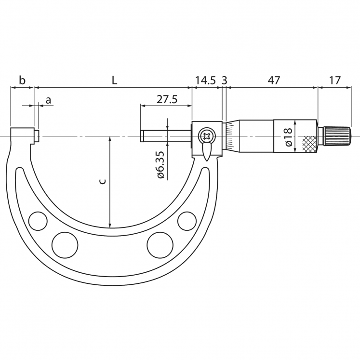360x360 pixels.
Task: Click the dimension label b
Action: [x=22, y=80]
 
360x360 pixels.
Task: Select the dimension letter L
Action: [x=114, y=80]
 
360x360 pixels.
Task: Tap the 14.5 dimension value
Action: [x=205, y=80]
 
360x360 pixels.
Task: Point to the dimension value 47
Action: [x=273, y=80]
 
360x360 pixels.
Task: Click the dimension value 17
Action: [x=334, y=80]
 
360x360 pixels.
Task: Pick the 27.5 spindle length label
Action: [x=167, y=99]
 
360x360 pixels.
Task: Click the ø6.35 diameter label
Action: [x=160, y=165]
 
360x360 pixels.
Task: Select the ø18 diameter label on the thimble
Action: [x=288, y=137]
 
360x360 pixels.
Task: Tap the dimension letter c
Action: [x=102, y=181]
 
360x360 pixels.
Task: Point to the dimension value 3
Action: [x=224, y=80]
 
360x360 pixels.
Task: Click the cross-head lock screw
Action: [x=207, y=136]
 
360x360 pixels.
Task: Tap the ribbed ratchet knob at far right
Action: [x=336, y=136]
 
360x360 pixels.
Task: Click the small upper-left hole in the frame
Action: [x=37, y=221]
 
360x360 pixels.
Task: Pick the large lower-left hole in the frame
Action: [x=65, y=245]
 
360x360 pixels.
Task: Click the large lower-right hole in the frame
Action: [x=160, y=245]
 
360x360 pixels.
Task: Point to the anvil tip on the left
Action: [x=37, y=136]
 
